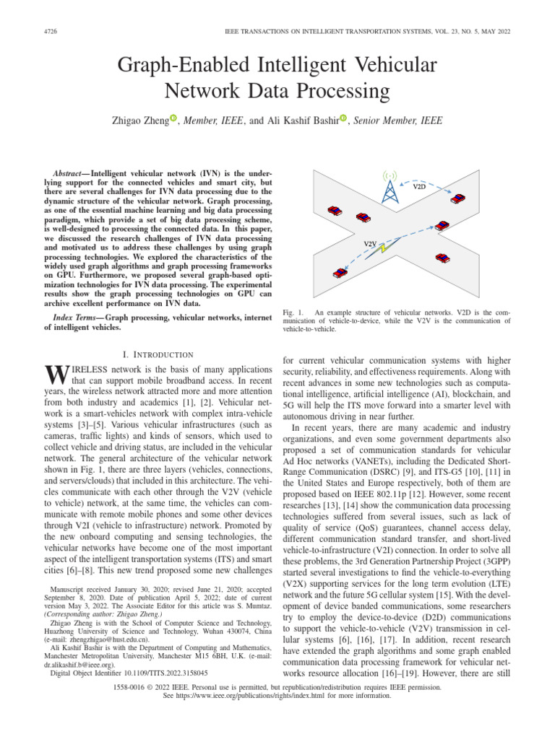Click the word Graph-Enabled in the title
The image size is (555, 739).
[189, 66]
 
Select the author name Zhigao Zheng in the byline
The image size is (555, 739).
[137, 119]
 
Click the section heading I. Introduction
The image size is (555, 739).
[158, 354]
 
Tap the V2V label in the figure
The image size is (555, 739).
[371, 243]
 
